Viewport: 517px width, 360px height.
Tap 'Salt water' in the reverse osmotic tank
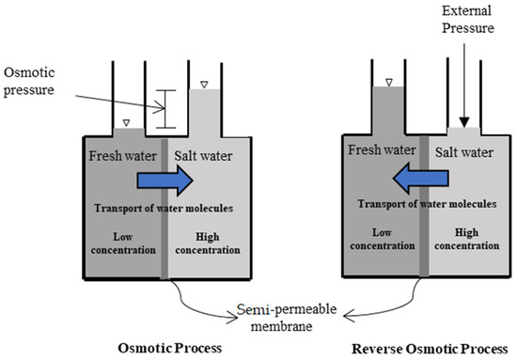(464, 149)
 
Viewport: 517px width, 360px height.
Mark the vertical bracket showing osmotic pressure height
(165, 109)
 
